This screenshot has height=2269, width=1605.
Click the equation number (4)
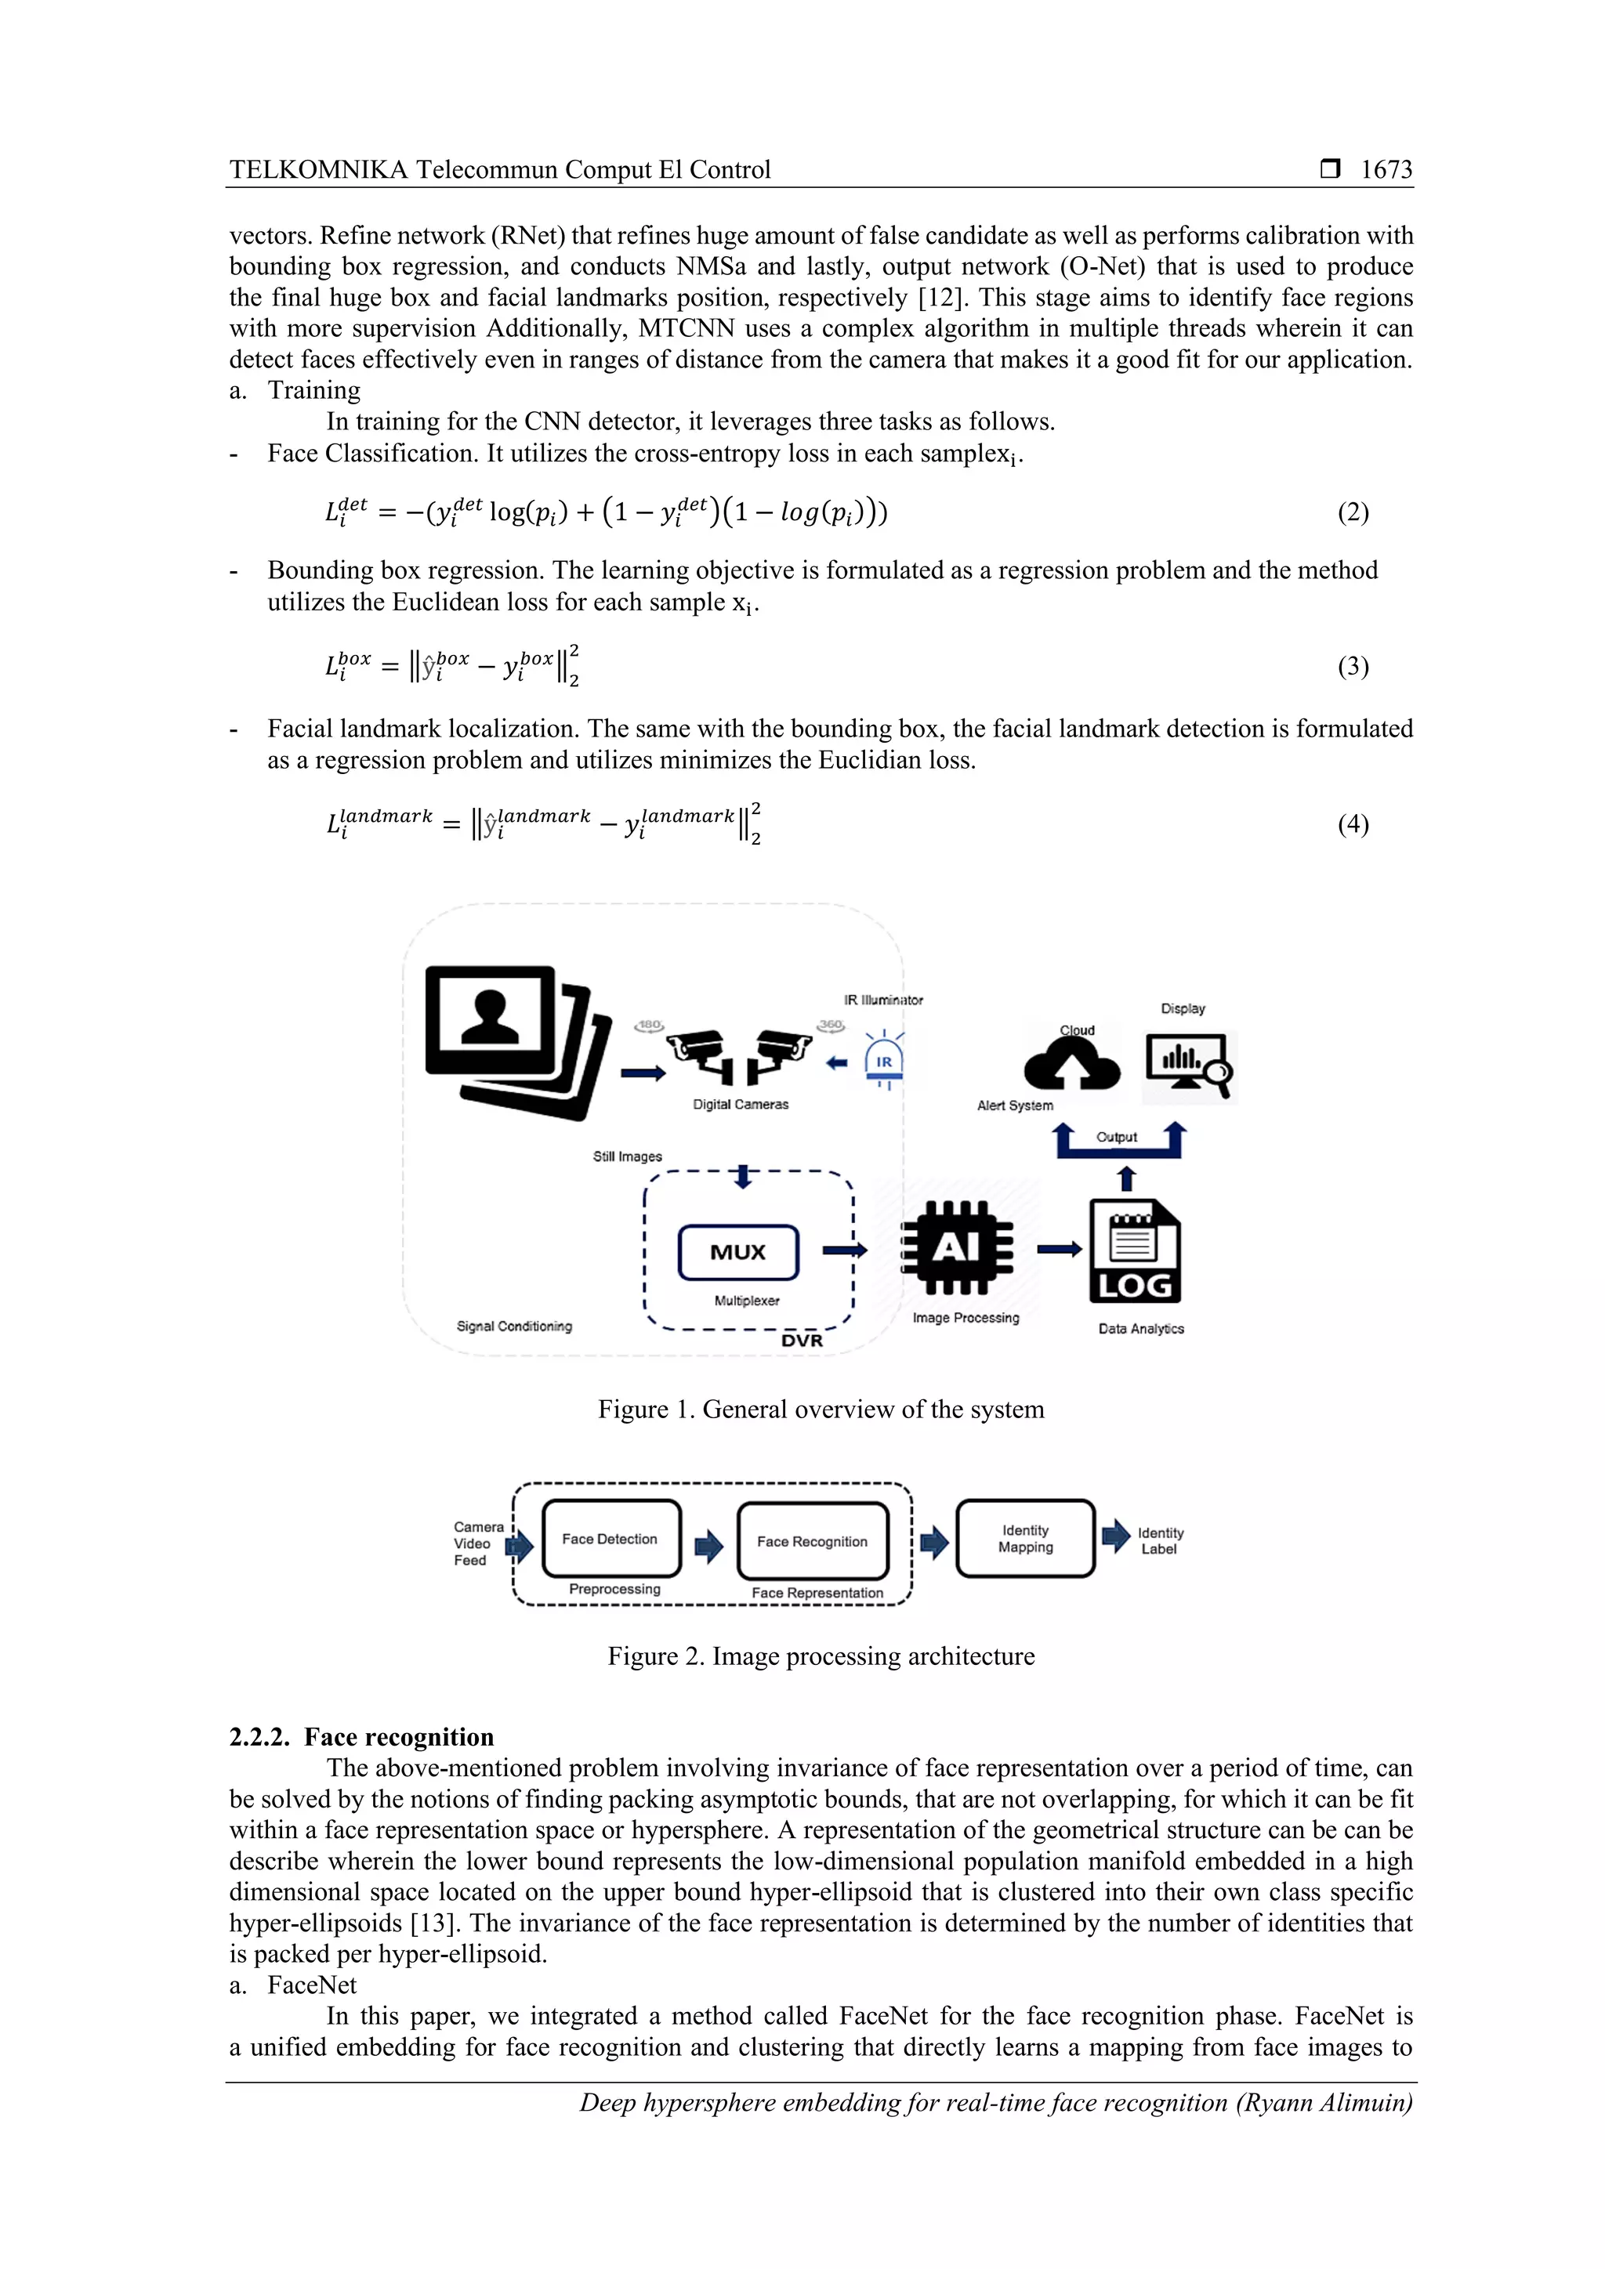pos(1353,824)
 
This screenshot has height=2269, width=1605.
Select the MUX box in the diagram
pos(737,1252)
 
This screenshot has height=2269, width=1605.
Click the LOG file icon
pos(1135,1251)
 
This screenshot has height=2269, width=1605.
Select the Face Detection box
pos(610,1539)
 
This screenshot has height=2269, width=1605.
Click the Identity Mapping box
pos(1025,1539)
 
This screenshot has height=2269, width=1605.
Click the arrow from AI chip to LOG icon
pos(1060,1250)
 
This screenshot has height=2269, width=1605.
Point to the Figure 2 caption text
pos(821,1656)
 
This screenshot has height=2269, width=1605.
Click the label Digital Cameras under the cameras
pos(741,1104)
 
